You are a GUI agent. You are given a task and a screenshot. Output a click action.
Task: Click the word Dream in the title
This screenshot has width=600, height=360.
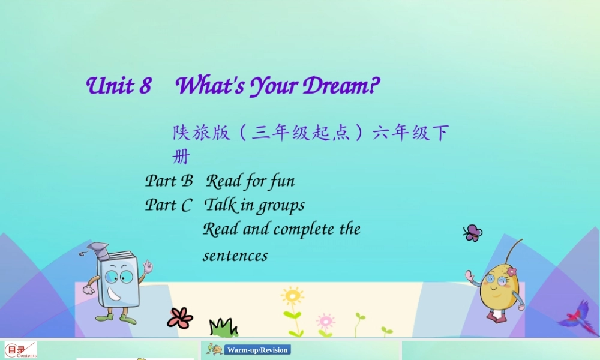pyautogui.click(x=335, y=86)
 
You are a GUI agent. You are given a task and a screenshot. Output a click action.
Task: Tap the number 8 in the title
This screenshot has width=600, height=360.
pyautogui.click(x=145, y=86)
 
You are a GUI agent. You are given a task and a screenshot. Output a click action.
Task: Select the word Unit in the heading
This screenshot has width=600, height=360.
pyautogui.click(x=110, y=86)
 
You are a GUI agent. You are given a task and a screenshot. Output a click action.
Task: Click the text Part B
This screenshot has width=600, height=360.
pyautogui.click(x=169, y=181)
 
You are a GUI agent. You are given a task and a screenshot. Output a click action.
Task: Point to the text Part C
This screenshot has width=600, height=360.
pyautogui.click(x=169, y=205)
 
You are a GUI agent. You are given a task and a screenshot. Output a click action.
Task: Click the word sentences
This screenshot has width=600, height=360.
pyautogui.click(x=235, y=256)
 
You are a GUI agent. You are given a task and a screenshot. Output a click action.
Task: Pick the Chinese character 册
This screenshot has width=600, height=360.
pyautogui.click(x=181, y=157)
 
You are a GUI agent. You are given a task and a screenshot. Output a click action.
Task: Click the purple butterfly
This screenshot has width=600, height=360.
pyautogui.click(x=473, y=233)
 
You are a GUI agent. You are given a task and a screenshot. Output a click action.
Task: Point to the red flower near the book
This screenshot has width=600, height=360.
pyautogui.click(x=179, y=317)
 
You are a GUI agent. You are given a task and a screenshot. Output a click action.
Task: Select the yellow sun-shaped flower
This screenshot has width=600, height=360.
pyautogui.click(x=292, y=296)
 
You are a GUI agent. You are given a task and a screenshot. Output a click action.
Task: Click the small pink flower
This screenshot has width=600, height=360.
pyautogui.click(x=325, y=320)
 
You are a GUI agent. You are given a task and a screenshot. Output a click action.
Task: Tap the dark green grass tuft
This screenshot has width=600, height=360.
pyautogui.click(x=223, y=328)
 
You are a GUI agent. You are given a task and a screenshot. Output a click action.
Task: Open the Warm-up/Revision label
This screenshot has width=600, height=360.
pyautogui.click(x=257, y=350)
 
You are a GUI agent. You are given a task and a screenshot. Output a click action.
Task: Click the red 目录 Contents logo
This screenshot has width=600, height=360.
pyautogui.click(x=20, y=350)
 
